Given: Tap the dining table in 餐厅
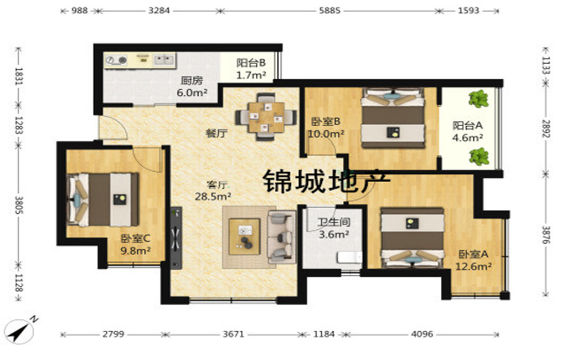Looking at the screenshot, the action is coord(266,117).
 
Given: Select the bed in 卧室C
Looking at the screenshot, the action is coord(103,200).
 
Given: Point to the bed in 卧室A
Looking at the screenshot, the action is coord(412,238).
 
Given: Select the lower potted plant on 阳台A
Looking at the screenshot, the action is coord(479,156).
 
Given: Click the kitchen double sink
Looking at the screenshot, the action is coord(164,59).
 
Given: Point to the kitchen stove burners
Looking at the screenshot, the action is coord(116,60).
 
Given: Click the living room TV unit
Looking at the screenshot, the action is coord(176,238).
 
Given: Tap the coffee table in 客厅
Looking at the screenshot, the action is coord(244,236).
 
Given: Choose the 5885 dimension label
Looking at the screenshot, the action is coord(329,11).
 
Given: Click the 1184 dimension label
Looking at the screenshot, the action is coord(323,334).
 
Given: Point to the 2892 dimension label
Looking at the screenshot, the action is coord(546,129).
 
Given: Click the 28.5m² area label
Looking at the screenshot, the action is coord(213,197).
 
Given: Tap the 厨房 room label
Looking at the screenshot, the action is coord(192,80).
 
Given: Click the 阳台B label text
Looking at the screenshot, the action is coord(251,63).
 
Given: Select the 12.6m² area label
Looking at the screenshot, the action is coord(473,266).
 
